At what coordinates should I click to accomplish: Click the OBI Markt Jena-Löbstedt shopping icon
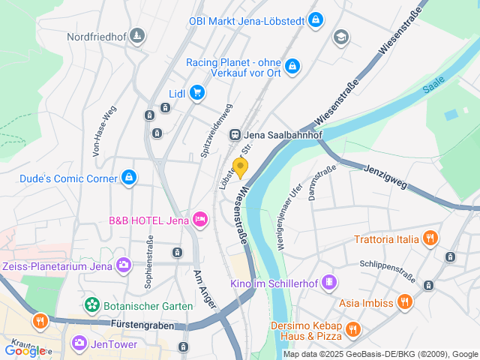(316, 19)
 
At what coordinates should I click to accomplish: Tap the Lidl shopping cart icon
(197, 92)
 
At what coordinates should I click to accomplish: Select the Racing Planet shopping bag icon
(292, 66)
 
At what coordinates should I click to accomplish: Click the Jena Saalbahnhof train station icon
(235, 135)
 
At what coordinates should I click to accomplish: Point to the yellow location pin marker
(241, 167)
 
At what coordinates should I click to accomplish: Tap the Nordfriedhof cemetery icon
(137, 35)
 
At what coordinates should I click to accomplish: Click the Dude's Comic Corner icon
(129, 178)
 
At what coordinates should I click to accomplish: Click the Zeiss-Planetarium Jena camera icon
(124, 264)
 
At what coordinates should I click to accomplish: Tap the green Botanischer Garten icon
(91, 305)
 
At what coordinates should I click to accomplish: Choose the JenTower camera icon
(79, 343)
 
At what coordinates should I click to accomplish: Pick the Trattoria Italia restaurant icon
(430, 239)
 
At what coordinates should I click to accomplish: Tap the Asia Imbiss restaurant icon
(405, 302)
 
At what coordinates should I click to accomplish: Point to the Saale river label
(433, 85)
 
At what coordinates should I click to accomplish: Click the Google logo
(24, 350)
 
